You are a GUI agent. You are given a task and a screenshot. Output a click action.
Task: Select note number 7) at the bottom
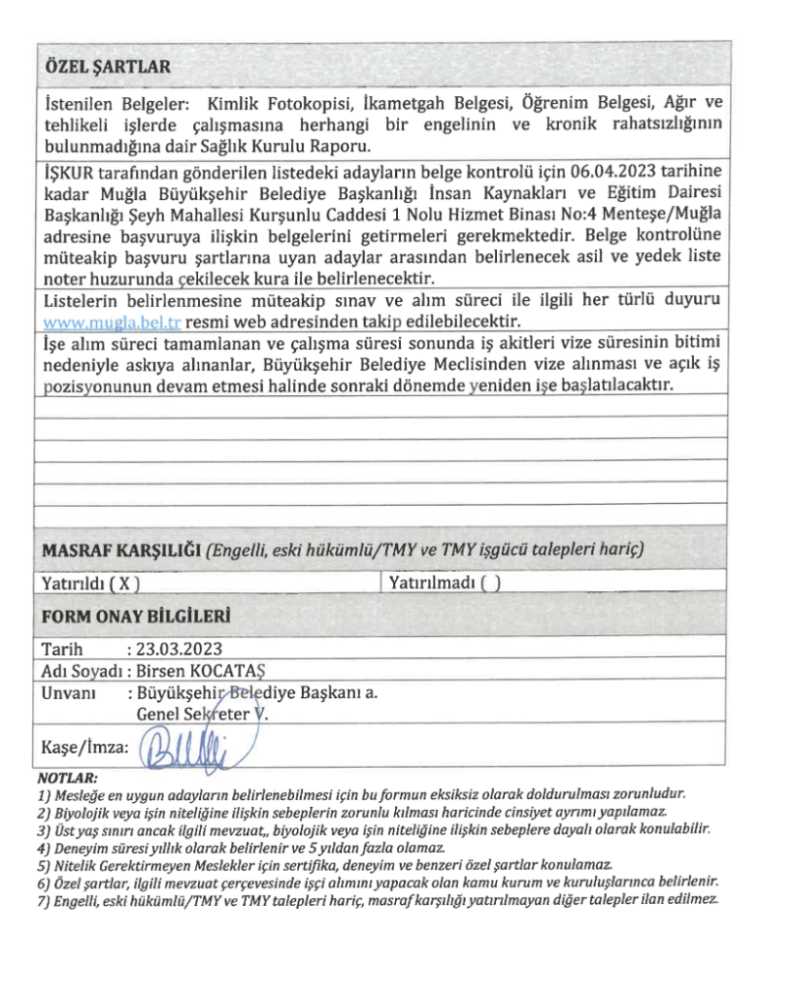(45, 900)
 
